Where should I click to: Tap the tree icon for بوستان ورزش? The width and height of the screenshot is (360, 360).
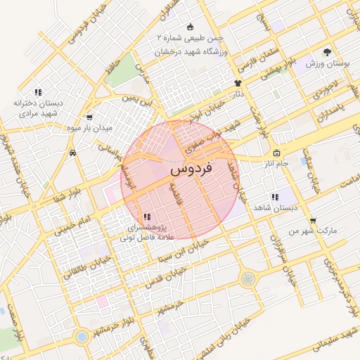click(x=327, y=52)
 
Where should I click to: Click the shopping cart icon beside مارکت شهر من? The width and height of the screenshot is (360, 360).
click(x=312, y=220)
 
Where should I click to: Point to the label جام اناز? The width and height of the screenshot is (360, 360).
click(x=273, y=163)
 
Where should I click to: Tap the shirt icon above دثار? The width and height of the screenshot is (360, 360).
click(x=237, y=83)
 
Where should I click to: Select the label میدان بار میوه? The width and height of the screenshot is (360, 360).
click(x=87, y=127)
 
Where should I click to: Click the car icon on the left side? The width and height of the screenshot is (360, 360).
click(x=72, y=153)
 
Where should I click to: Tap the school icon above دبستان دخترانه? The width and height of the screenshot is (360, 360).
click(x=39, y=92)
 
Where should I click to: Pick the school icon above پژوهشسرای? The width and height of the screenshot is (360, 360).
click(x=146, y=217)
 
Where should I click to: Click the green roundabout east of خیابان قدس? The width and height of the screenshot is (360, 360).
click(x=247, y=279)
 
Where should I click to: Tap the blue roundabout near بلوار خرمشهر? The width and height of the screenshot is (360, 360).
click(x=82, y=336)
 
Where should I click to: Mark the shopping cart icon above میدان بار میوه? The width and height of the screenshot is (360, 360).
click(x=89, y=117)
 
